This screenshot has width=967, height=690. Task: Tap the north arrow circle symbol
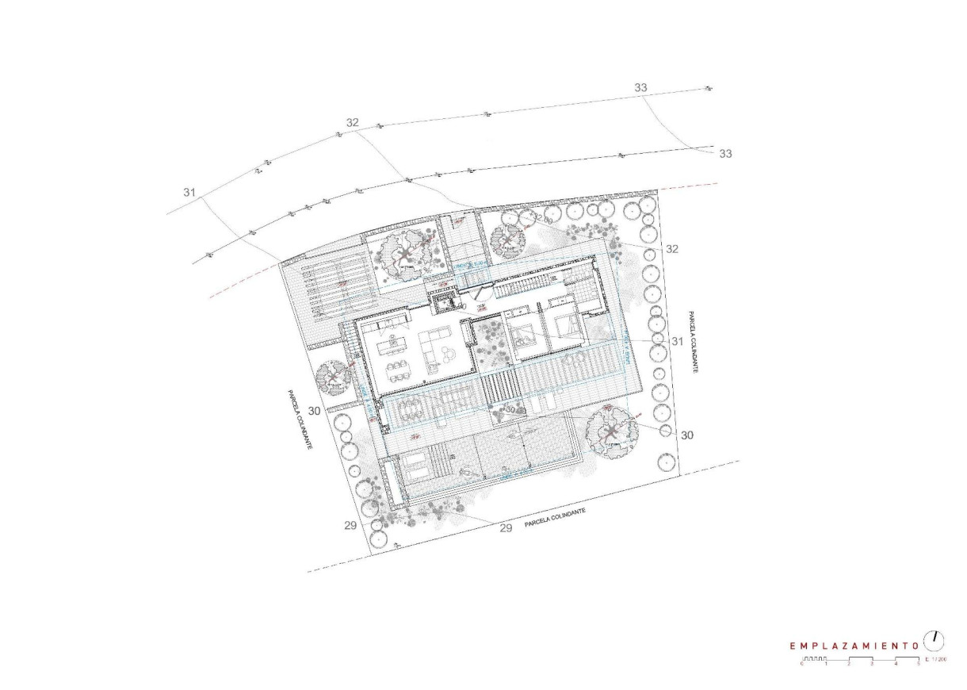coord(935,638)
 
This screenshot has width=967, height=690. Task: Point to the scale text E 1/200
coord(936,660)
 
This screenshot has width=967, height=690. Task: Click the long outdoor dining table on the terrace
coord(412,409)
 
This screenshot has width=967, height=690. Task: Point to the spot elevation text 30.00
coord(516,410)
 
